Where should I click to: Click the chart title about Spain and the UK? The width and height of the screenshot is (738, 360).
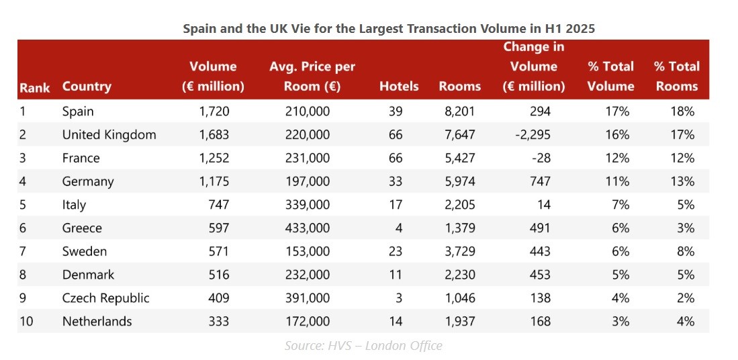tap(389, 29)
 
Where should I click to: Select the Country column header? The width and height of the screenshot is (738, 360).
tap(87, 87)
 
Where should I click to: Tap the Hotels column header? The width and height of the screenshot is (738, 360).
tap(399, 87)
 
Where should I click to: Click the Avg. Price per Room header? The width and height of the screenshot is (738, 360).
tap(312, 77)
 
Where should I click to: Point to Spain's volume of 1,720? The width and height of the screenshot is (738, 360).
tap(213, 111)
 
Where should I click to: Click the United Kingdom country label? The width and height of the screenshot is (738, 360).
tap(109, 135)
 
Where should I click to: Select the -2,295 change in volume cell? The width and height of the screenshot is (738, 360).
tap(533, 135)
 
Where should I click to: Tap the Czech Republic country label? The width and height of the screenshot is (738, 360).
tap(105, 298)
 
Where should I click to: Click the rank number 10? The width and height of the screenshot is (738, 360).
tap(27, 321)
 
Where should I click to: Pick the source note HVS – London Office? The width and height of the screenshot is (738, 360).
tap(363, 346)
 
